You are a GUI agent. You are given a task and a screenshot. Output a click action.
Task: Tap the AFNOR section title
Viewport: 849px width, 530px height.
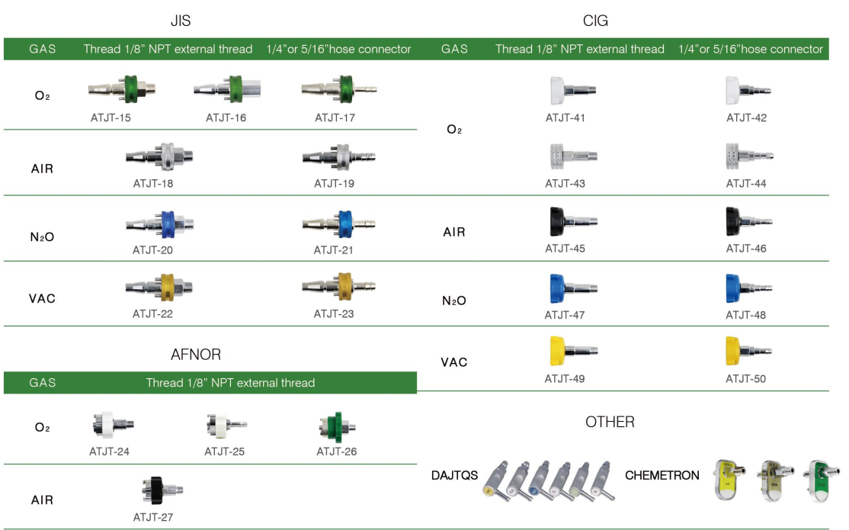tap(196, 355)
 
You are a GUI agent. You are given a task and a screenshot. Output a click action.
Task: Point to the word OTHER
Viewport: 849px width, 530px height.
tap(610, 422)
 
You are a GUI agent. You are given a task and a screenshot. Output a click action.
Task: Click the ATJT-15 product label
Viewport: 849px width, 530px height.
tap(110, 118)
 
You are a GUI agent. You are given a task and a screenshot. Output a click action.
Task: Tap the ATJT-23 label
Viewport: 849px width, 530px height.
tap(334, 313)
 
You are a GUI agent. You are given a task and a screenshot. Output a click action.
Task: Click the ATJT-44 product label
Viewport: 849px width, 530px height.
tap(746, 184)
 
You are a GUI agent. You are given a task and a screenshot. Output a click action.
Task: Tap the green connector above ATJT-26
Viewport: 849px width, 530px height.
tap(336, 428)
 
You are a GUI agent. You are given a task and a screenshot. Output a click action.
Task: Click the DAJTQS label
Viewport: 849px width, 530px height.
tap(454, 475)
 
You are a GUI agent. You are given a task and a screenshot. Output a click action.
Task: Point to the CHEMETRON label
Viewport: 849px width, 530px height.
tap(662, 475)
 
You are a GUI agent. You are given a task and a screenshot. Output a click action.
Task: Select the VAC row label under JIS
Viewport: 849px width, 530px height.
tap(42, 298)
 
